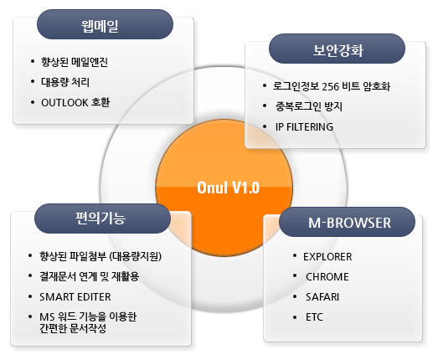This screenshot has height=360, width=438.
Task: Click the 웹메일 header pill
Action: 105,24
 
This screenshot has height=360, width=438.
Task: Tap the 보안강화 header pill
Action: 337,49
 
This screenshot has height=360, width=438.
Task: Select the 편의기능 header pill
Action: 102,219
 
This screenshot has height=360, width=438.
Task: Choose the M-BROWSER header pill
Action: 347,222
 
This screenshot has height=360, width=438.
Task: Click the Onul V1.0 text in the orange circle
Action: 229,188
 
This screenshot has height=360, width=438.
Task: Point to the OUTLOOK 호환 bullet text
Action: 75,102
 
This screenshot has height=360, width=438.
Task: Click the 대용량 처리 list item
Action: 65,82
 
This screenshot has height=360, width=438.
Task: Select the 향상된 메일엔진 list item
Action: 75,62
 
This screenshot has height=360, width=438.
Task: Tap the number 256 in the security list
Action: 331,86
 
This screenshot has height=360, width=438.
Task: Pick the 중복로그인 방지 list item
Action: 309,106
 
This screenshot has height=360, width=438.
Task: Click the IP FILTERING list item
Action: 304,127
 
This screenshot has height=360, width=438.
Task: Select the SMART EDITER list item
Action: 75,297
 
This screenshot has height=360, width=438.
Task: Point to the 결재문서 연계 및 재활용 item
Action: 90,276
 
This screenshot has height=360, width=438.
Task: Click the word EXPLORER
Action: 327,257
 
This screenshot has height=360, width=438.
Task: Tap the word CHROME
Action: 327,277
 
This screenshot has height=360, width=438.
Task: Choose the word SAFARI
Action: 322,297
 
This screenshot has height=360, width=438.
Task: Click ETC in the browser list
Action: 314,317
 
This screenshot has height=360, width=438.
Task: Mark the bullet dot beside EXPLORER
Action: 295,256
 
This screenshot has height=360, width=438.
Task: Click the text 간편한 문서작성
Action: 73,328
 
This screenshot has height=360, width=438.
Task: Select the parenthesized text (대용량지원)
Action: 136,256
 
